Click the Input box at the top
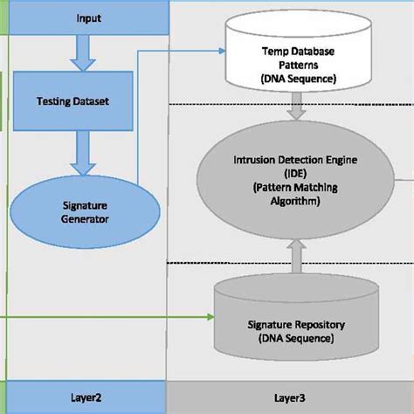click(87, 17)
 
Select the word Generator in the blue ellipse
click(86, 219)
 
